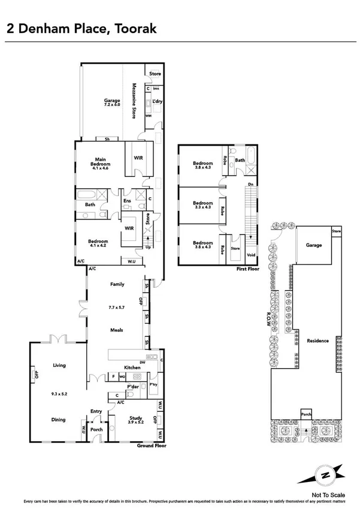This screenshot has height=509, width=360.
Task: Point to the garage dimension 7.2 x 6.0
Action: click(x=112, y=104)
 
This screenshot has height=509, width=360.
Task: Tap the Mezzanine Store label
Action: click(x=134, y=99)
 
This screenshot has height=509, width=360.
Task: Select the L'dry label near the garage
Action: click(x=157, y=101)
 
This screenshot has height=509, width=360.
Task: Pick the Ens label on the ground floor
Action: click(x=127, y=200)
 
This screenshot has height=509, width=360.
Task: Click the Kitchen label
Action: click(x=132, y=368)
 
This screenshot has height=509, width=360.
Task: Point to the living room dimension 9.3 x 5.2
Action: click(x=59, y=395)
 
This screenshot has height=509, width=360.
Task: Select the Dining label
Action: click(x=59, y=420)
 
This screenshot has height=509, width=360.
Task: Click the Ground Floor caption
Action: click(x=152, y=446)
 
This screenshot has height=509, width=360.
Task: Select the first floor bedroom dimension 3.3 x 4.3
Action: click(x=202, y=207)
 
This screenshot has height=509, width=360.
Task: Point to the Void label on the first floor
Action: click(x=252, y=255)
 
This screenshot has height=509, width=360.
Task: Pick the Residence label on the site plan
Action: click(x=317, y=341)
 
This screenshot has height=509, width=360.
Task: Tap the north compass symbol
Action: click(x=325, y=475)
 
